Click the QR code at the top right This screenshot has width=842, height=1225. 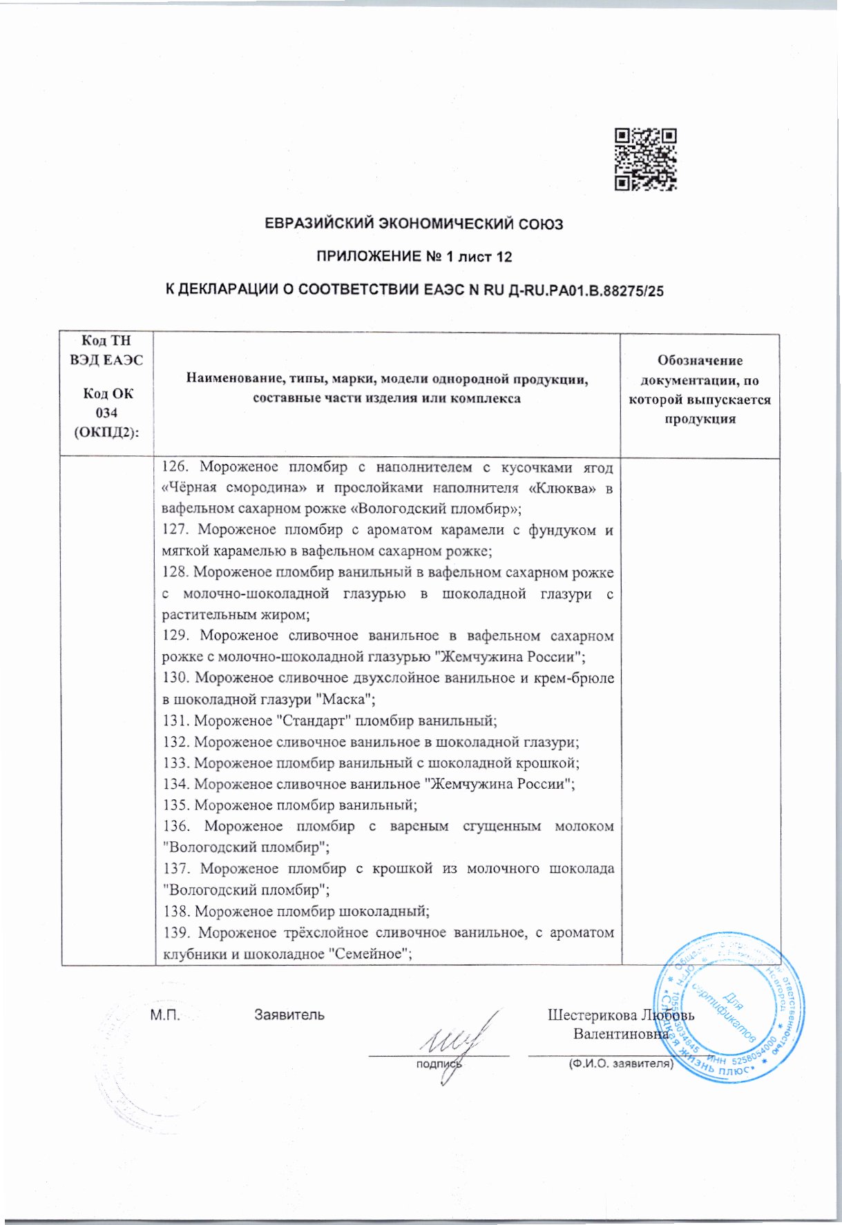(646, 159)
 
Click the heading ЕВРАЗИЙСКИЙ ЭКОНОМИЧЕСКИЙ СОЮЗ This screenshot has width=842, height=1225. (414, 224)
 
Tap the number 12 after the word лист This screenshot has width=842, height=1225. (504, 257)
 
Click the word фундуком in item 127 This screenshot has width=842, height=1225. (558, 530)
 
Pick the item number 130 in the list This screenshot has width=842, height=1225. (175, 678)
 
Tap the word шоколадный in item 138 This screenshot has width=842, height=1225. (383, 911)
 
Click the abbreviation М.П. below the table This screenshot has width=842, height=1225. (164, 1015)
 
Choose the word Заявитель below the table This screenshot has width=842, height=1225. (289, 1015)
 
